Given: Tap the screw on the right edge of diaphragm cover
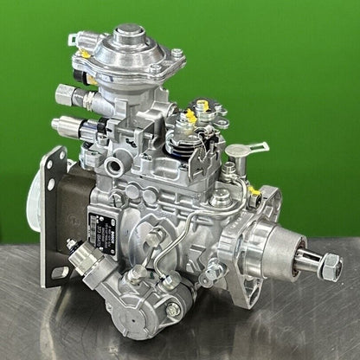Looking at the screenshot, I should (x=177, y=55).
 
